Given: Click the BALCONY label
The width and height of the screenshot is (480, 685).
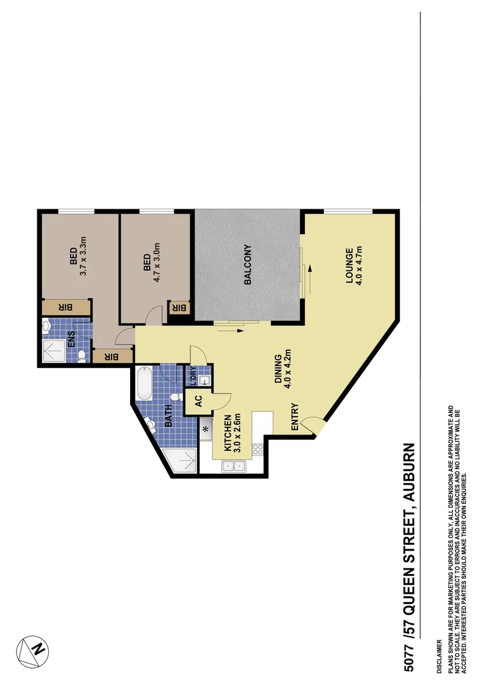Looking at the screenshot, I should [248, 264].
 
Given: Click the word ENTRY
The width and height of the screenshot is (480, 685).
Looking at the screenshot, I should [295, 418].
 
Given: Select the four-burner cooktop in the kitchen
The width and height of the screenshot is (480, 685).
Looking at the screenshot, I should [258, 450].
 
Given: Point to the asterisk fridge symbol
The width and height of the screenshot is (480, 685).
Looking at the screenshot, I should [205, 429].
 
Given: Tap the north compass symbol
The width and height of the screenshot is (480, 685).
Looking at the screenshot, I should [33, 649].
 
